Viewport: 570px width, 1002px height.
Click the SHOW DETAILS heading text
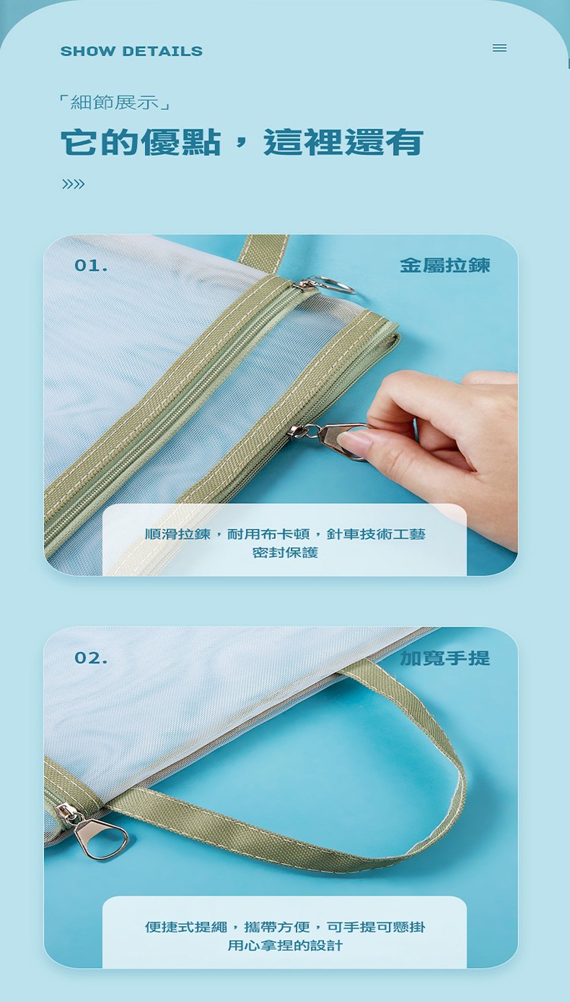click(131, 51)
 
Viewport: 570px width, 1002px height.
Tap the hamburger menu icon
click(499, 47)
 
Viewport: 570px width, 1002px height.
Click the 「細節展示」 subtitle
click(115, 102)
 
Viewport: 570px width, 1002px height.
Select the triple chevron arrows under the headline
click(73, 184)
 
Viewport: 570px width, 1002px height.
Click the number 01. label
click(91, 266)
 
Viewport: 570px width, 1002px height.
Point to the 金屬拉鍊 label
click(445, 265)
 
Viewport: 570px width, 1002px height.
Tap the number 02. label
click(91, 658)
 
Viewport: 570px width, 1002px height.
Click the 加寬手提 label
click(445, 658)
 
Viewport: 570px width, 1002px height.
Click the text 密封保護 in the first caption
click(285, 553)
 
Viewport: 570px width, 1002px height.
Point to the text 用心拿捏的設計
click(285, 946)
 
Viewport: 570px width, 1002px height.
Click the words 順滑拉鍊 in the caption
click(177, 534)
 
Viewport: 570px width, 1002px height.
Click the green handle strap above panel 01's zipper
click(263, 254)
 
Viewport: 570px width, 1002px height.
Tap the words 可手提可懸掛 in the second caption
click(376, 927)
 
